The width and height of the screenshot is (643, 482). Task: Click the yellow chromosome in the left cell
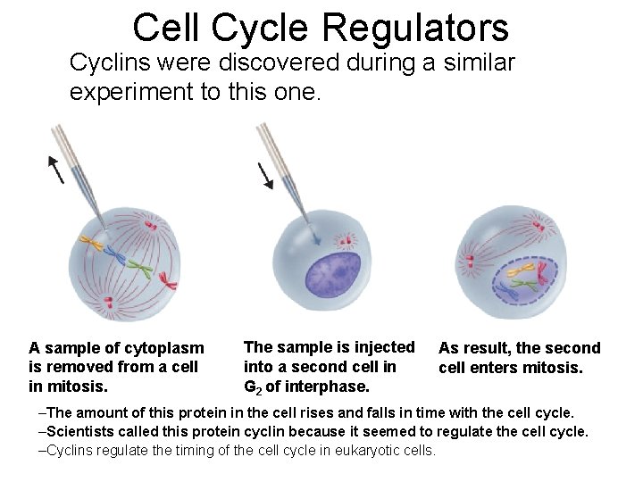[x=92, y=242]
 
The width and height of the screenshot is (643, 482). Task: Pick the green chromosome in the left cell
[x=138, y=267]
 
